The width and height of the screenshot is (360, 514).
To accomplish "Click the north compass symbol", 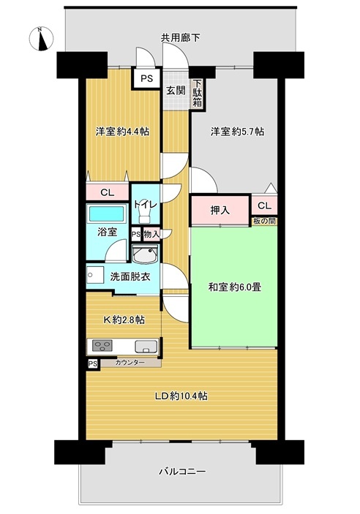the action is pos(42,39).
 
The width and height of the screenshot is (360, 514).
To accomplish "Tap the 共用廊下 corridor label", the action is pos(180,38).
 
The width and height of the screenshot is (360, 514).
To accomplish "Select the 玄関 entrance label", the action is pos(176,91).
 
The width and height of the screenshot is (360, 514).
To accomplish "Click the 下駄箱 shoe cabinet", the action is pos(197,94).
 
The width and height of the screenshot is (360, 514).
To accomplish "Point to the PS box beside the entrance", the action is pos(146,79).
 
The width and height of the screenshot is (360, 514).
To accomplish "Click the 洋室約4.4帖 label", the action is pos(122,132).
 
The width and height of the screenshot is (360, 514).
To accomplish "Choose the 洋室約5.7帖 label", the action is pos(237,132).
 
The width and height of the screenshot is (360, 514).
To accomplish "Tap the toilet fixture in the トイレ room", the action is pos(145,216).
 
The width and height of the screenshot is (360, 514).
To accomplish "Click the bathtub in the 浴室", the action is pos(108,214).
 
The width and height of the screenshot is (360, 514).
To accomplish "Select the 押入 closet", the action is pos(220,210).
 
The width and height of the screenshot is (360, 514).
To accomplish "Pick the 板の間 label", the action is pos(264,221).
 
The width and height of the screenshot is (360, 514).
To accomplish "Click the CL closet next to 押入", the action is pos(264,206).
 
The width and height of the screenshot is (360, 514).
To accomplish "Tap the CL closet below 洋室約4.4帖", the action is pos(108,192).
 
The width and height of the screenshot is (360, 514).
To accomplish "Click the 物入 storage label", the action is pos(151,234).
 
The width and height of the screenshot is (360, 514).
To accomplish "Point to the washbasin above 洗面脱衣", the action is pos(146,254).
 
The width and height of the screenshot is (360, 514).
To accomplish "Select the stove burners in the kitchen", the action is pos(102,346).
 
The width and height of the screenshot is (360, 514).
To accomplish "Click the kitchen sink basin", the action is pos(146,347).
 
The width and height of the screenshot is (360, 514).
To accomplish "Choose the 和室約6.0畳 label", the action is pos(235,287).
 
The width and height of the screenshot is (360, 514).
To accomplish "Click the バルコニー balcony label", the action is pos(182,472).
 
